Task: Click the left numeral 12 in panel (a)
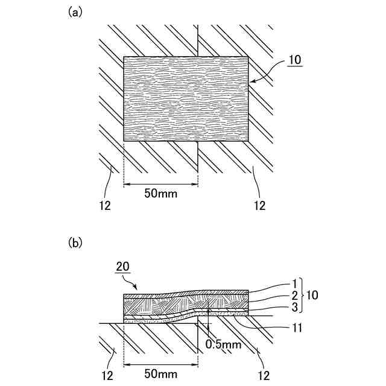click(105, 206)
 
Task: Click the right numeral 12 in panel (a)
click(259, 206)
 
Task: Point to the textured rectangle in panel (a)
click(186, 99)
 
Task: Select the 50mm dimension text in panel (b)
click(160, 374)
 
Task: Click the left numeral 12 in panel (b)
click(105, 374)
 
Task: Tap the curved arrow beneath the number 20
click(134, 281)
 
